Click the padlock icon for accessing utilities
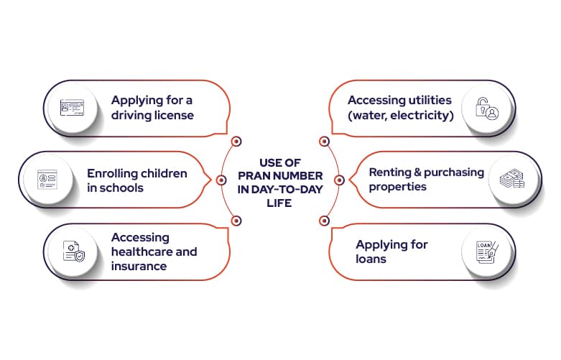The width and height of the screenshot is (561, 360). click(x=489, y=109)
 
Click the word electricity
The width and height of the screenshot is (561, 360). click(x=420, y=115)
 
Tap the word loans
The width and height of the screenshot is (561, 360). click(x=372, y=258)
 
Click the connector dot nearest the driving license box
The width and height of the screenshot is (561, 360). click(x=236, y=141)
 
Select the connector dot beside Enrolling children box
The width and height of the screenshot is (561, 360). click(x=221, y=180)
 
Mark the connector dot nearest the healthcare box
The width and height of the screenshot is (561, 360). click(x=236, y=220)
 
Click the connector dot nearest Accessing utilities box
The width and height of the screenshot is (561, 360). click(x=324, y=141)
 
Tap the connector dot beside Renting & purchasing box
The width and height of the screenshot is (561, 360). click(x=339, y=180)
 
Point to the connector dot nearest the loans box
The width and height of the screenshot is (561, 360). click(x=324, y=220)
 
